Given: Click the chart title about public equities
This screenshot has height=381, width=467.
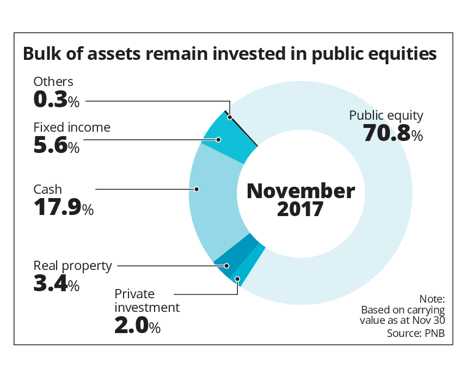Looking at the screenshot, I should click(x=229, y=54).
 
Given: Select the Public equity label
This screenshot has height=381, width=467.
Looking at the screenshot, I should click(x=386, y=115).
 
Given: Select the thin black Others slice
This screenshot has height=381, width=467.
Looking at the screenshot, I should click(x=242, y=128).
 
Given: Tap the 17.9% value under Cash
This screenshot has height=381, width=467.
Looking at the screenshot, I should click(x=63, y=208).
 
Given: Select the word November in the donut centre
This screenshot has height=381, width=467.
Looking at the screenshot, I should click(x=300, y=191).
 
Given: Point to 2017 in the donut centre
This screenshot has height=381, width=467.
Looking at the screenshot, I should click(x=300, y=210).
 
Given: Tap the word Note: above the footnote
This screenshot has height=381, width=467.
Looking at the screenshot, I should click(x=432, y=299).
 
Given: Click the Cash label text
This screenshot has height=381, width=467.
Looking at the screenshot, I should click(x=48, y=189).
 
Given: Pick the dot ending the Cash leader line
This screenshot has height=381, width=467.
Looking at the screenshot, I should click(x=198, y=189).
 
